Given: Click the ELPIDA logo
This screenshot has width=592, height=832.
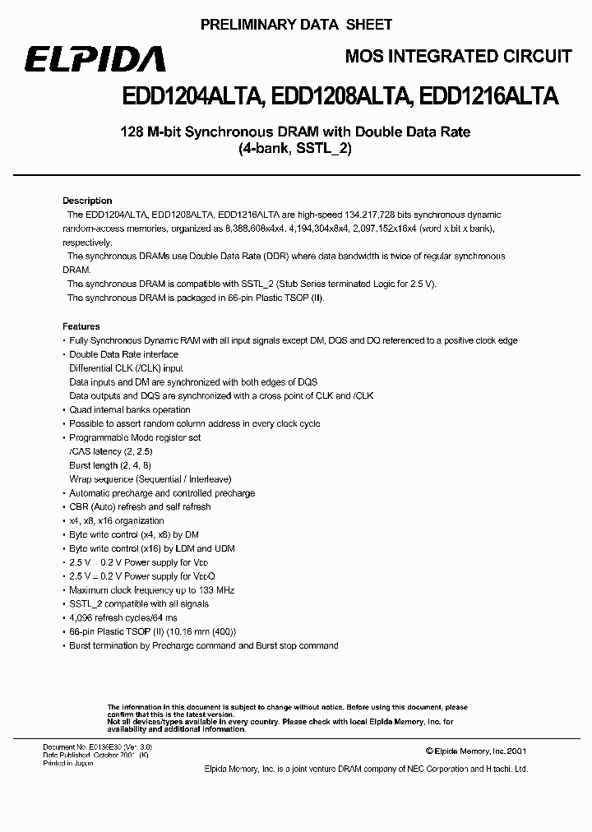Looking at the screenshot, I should pos(94,60).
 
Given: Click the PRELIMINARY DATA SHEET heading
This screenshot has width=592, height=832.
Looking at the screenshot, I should pos(296,25).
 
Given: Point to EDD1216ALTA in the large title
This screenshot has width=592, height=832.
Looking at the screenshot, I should pos(488,97).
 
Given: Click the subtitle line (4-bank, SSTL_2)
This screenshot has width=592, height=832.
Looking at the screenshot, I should pos(295,150).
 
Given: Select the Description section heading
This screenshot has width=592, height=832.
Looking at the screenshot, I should pos(87,201).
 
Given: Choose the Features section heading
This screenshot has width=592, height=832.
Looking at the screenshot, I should pos(81,326).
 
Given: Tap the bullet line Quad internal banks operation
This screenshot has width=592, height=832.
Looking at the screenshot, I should pos(129,409).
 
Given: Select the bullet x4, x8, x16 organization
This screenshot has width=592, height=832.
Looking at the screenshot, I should pos(116,520).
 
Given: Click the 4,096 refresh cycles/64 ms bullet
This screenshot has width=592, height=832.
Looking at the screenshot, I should pos(123,618).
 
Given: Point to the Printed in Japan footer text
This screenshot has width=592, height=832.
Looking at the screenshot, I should pos(68,764).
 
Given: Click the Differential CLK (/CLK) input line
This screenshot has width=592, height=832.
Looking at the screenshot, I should pos(126,368).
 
